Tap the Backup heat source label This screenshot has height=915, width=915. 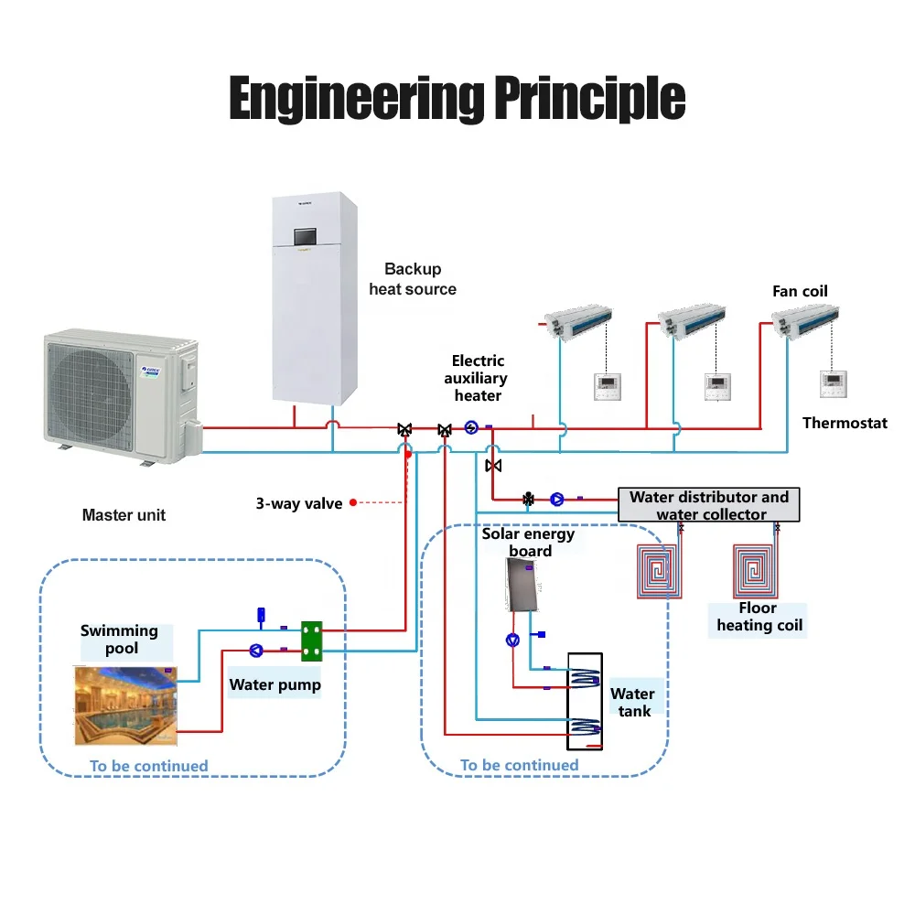point(413,279)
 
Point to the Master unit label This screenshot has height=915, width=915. point(124,515)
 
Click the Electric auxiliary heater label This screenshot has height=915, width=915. point(477,378)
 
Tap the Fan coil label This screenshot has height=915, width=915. point(800,291)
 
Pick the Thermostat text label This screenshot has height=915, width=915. point(845,423)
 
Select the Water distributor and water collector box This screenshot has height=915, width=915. point(709,505)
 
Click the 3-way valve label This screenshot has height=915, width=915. point(299,503)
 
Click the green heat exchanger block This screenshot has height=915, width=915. point(313,641)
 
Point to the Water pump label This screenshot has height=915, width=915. point(274,684)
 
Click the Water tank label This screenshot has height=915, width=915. point(632,702)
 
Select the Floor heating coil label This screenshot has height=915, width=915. point(759,617)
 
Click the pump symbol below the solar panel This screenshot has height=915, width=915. point(513,640)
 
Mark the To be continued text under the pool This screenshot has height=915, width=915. point(148,766)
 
